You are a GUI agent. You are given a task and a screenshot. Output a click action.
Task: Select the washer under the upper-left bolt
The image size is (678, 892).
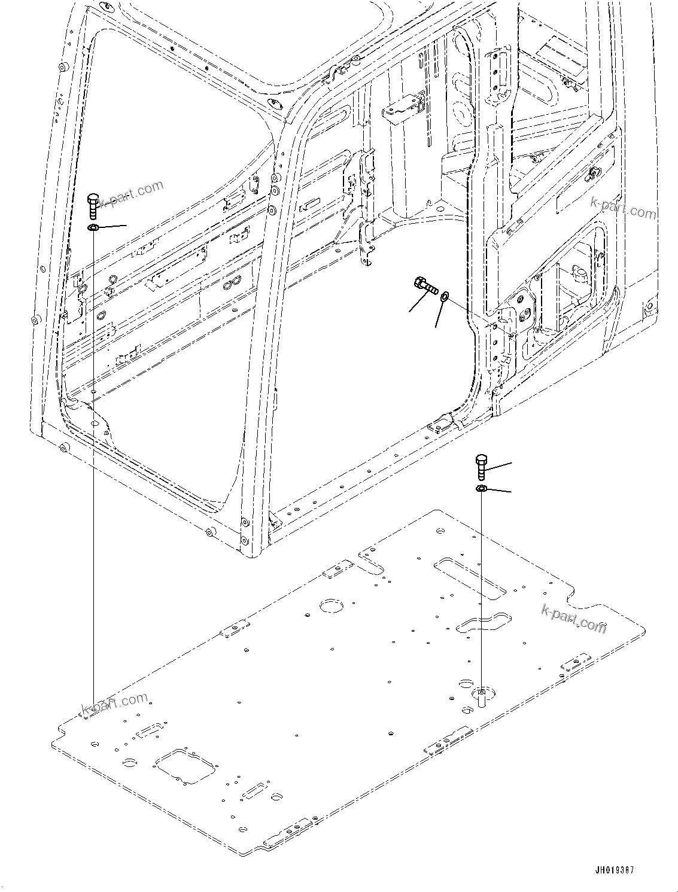tap(93, 228)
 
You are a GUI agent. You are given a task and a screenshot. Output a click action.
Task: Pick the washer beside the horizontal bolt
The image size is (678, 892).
tap(445, 296)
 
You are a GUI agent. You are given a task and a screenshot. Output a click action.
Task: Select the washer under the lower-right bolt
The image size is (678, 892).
tap(481, 489)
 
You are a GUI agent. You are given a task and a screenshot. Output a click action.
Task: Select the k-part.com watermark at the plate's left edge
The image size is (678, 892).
tap(114, 705)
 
